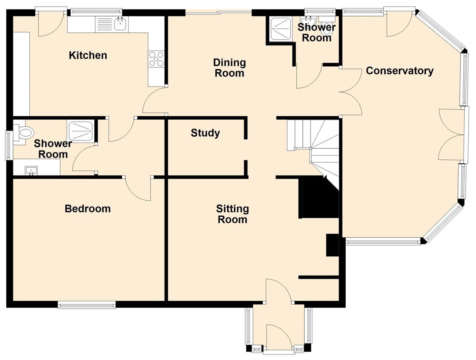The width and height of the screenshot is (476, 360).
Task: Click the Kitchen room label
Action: [88, 56]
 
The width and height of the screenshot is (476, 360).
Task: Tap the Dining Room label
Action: [230, 68]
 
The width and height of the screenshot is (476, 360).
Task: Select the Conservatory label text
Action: [399, 71]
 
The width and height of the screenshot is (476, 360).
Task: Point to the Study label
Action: [205, 133]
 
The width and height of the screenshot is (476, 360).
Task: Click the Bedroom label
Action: [88, 209]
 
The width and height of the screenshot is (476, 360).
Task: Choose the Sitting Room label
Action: [233, 214]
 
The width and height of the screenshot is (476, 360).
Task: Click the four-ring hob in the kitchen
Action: [156, 59]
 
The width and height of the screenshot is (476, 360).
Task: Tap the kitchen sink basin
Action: [120, 24]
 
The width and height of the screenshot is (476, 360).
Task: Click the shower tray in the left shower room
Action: [81, 131]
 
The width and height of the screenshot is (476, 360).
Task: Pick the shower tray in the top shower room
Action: [281, 29]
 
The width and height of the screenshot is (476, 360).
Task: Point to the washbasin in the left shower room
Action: [31, 170]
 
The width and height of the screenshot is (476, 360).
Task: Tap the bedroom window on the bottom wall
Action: [87, 305]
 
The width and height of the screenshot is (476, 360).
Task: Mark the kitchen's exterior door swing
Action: [51, 25]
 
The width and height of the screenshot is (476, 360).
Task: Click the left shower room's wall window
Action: [9, 145]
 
